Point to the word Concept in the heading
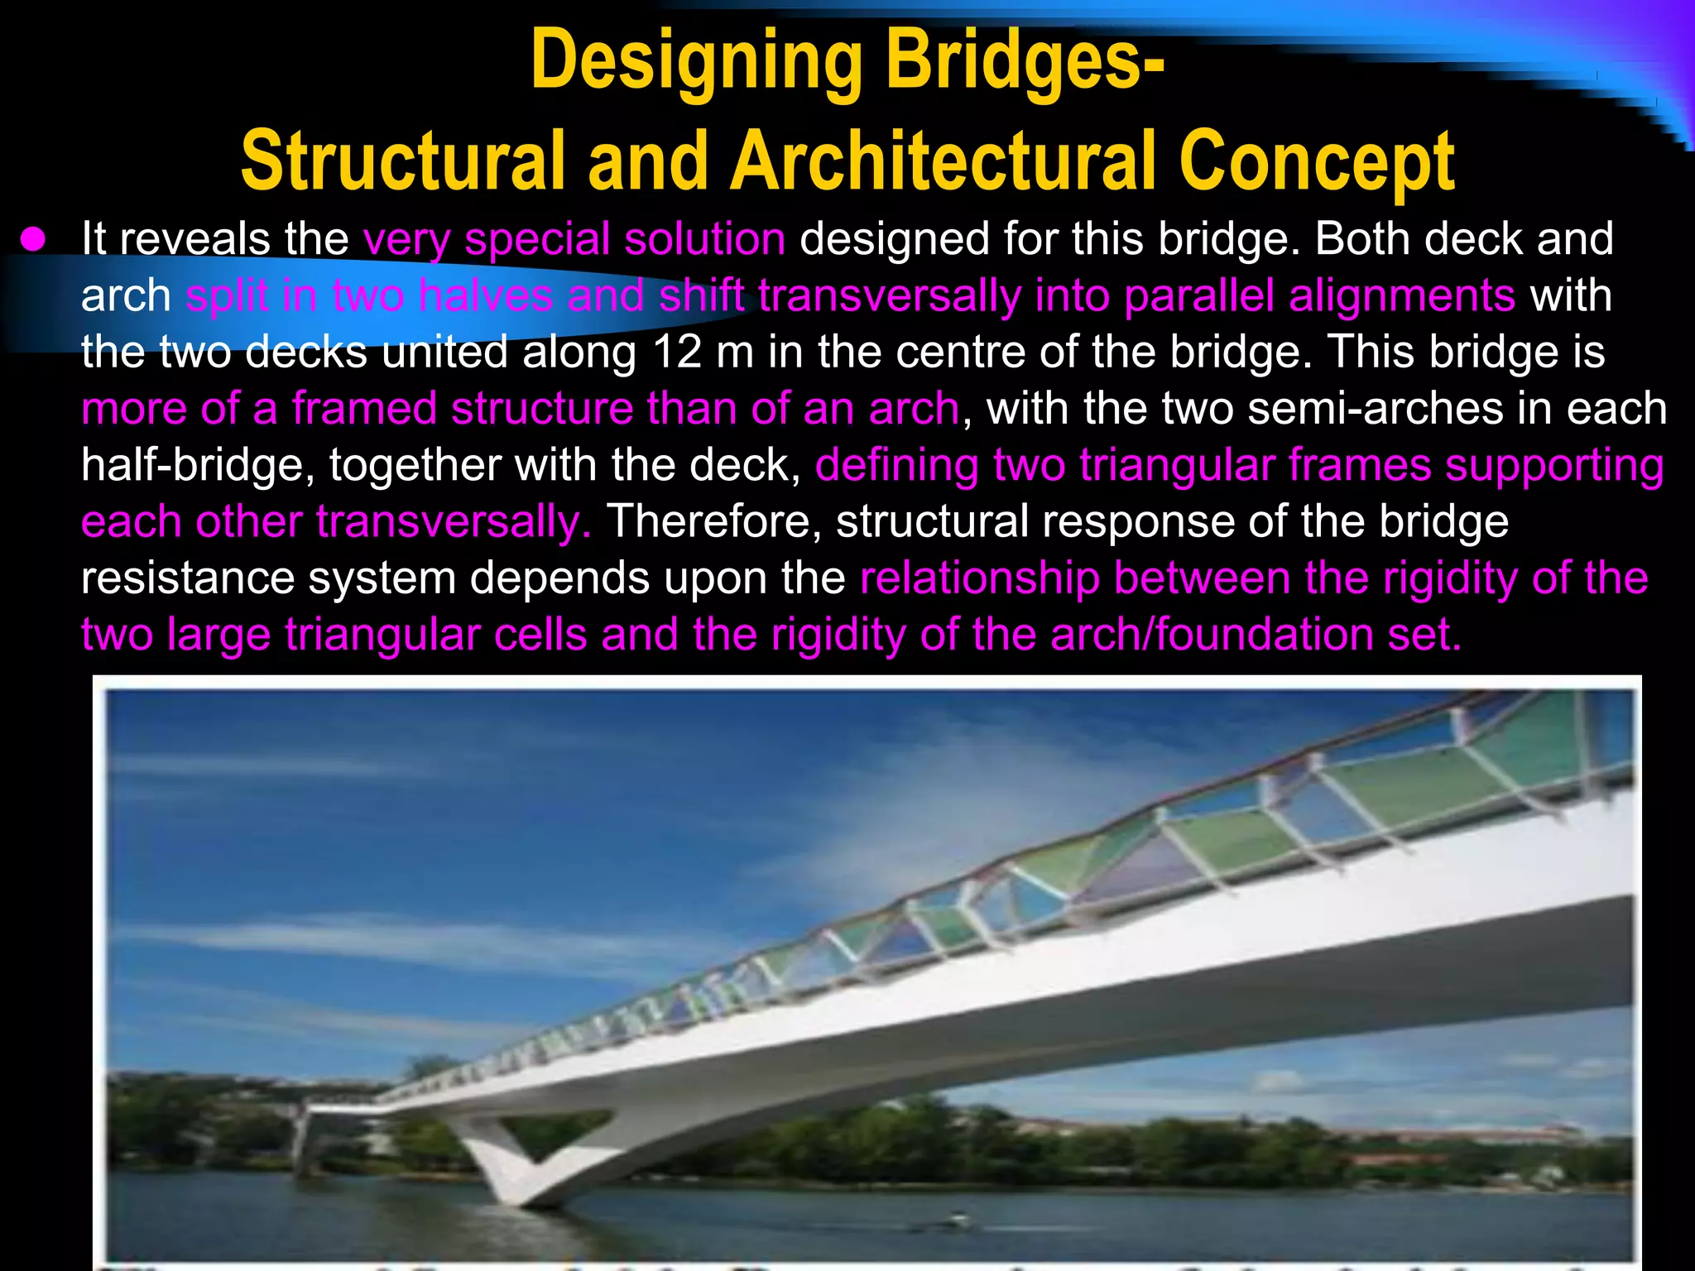(1316, 161)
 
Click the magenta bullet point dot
(33, 240)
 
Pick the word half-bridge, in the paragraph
(199, 465)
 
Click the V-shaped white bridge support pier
(530, 1158)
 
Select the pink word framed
(364, 409)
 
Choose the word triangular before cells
(435, 635)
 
